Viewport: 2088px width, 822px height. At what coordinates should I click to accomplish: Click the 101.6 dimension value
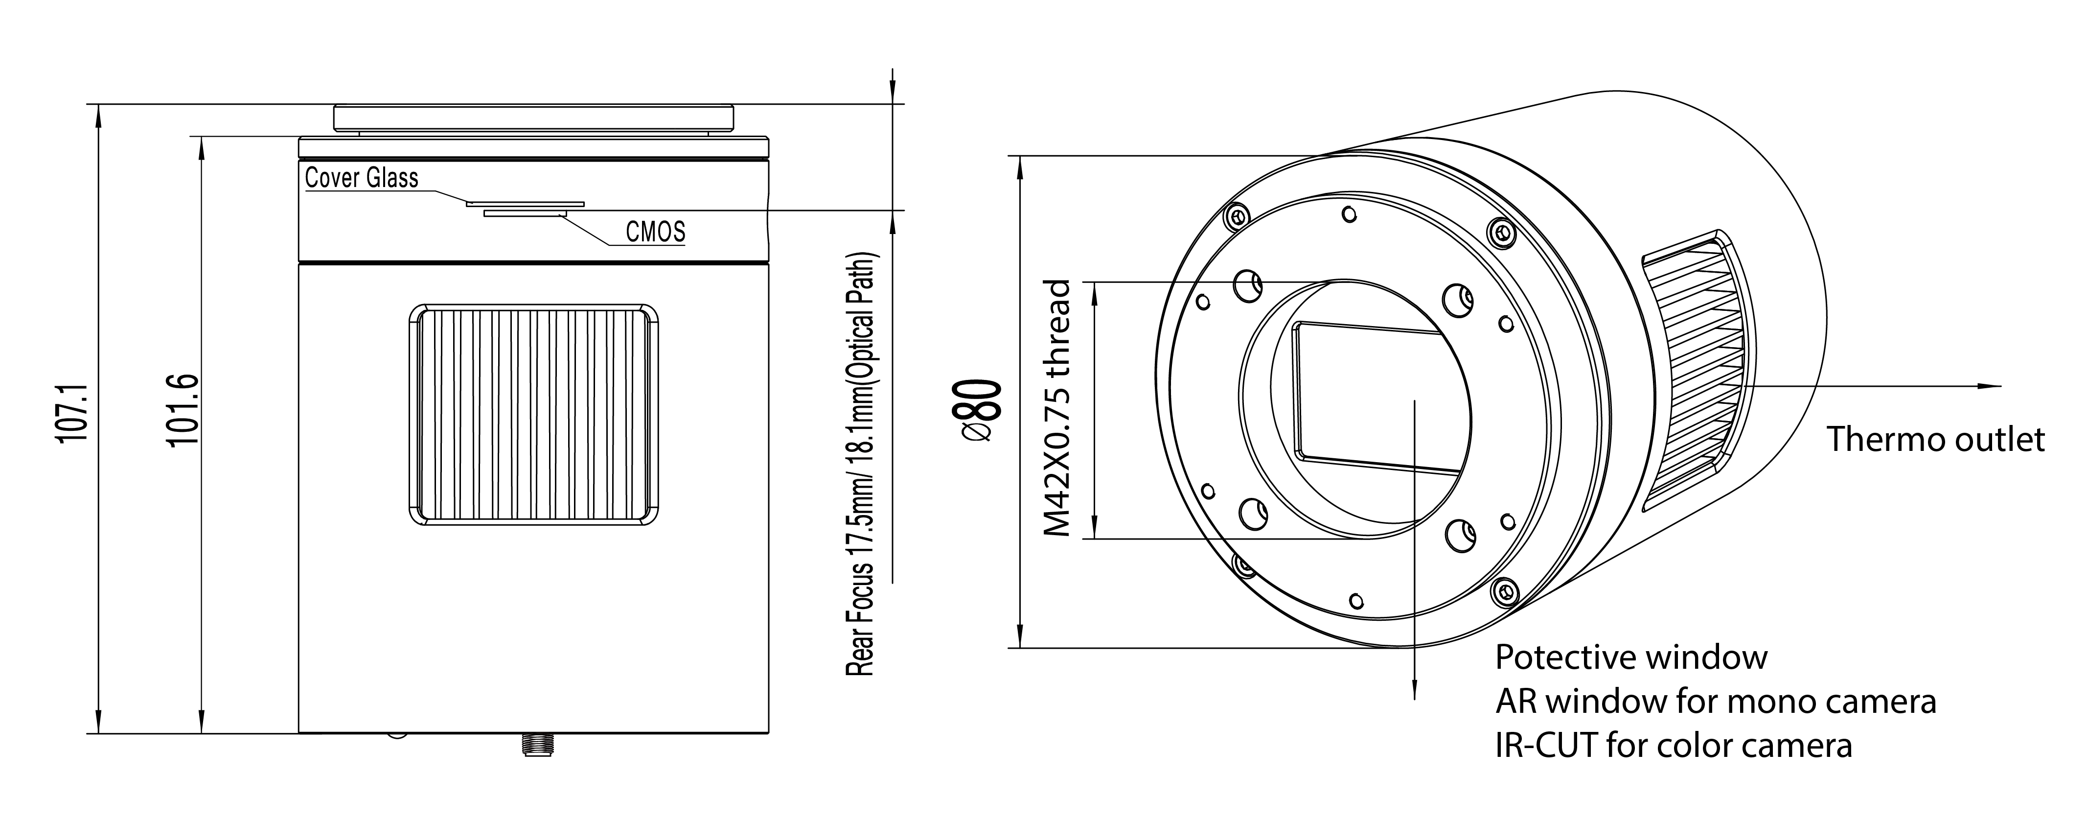182,409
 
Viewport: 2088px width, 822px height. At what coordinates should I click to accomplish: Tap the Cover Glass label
362,178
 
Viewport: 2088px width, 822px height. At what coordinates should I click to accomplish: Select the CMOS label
655,232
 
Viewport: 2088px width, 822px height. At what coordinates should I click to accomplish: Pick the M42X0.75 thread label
1058,409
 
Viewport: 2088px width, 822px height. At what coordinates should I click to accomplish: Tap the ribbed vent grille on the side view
534,416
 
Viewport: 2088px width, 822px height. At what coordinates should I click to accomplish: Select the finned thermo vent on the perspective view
1694,373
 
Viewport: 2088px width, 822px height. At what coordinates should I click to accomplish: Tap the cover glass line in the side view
525,204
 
